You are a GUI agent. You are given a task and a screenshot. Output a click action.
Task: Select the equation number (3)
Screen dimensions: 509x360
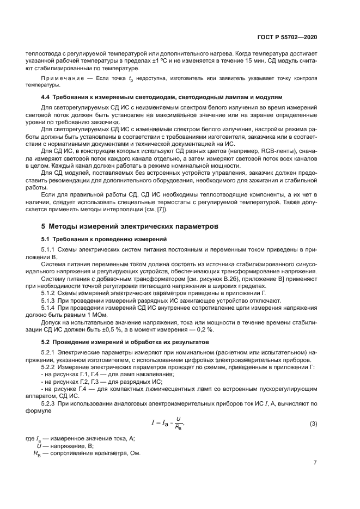coord(313,424)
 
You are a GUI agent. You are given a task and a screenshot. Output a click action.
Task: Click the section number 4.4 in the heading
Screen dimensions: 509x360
coord(47,96)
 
